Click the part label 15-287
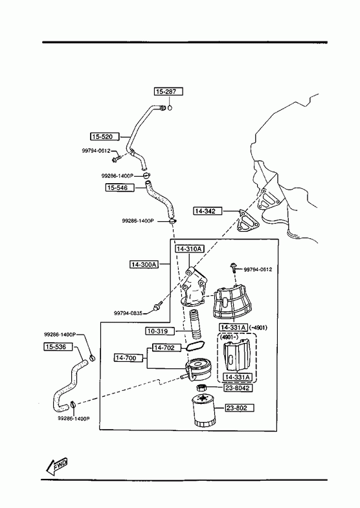168,92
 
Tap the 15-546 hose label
120,188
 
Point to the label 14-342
208,211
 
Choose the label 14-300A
144,265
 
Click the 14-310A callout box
189,248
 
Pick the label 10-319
160,331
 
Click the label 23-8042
237,388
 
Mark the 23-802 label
240,408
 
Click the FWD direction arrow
56,465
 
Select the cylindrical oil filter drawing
203,410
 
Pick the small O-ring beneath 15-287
170,107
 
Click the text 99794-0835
128,313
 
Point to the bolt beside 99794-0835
158,305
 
